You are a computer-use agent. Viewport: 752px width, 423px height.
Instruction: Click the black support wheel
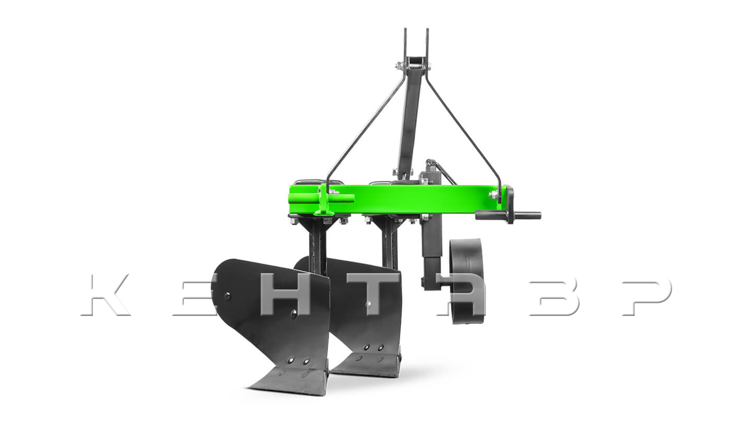click(467, 281)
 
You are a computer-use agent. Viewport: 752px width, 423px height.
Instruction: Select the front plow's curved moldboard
click(272, 312)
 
